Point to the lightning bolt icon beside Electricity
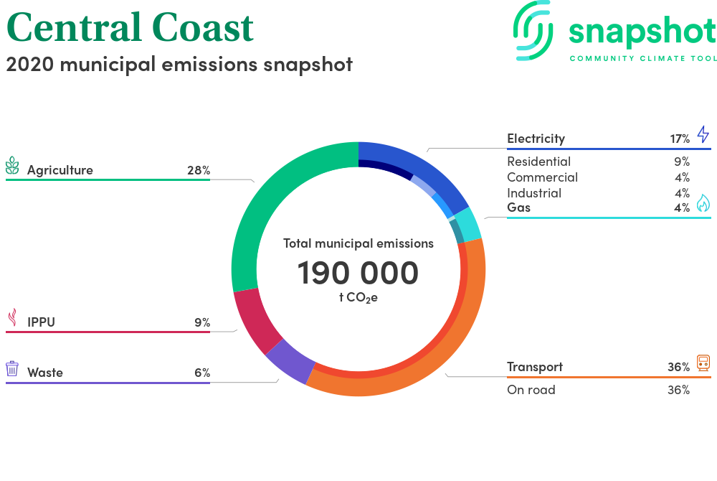coord(703,134)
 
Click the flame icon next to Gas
coord(703,202)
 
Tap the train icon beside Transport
coord(703,363)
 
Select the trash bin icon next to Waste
coord(12,368)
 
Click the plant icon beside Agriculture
coord(12,166)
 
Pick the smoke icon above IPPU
coord(13,317)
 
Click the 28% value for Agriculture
coord(199,170)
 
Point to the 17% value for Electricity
coord(680,139)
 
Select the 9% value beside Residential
coord(682,162)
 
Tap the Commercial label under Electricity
coord(542,177)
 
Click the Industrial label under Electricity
coord(534,193)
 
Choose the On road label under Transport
coord(531,390)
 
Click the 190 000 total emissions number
coord(358,273)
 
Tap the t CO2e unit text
coord(358,297)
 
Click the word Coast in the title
coord(203,27)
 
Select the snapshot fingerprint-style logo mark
coord(533,31)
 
